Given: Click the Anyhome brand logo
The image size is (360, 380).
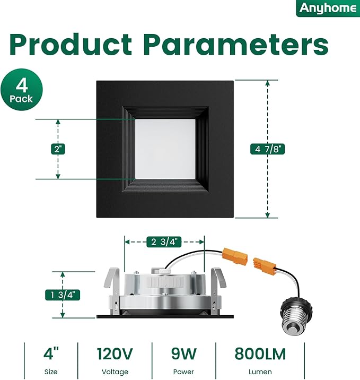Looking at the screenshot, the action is pos(328,8).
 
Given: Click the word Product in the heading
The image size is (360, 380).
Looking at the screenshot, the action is pos(71,45).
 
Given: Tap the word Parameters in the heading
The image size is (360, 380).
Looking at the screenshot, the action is pos(236,45).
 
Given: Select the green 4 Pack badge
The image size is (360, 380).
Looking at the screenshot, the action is pos(22,89).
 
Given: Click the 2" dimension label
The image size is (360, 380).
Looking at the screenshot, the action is pos(58,149).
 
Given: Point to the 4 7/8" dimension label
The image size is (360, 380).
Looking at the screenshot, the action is pos(267,149).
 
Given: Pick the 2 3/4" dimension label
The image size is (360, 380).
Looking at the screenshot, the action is pos(164,242).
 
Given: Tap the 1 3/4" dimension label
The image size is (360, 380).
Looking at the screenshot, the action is pos(63,295).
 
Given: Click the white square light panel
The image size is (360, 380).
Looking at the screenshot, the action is pos(165,149).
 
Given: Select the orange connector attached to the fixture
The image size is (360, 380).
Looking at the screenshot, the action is pos(235,256).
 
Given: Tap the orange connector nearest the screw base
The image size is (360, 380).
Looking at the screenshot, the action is pos(265,266).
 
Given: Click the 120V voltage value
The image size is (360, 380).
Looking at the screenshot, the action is pos(115,354).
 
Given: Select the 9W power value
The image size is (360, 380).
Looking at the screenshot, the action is pos(184,354).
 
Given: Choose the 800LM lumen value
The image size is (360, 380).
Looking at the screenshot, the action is pos(260,354).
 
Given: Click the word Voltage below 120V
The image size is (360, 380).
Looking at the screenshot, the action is pos(115,372).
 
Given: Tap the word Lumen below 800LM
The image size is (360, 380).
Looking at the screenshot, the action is pos(260,372).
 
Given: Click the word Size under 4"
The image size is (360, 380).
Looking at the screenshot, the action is pos(51,372).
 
